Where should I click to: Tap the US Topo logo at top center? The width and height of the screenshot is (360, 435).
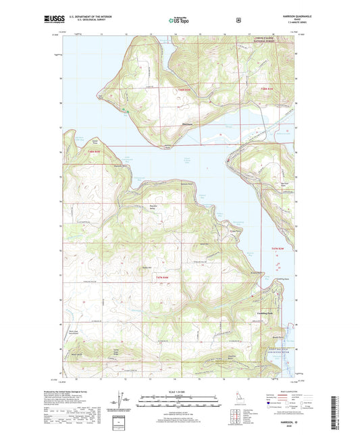pos(178,20)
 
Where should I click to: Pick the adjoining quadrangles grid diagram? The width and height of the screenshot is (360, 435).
pos(241,412)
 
